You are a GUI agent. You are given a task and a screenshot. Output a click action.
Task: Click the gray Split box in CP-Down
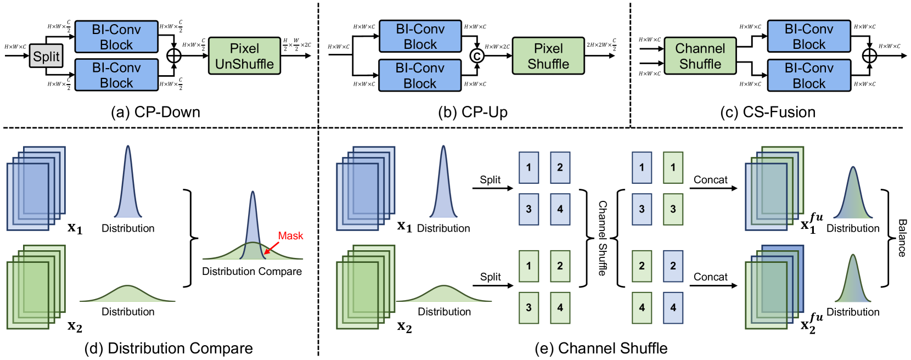[x=46, y=56]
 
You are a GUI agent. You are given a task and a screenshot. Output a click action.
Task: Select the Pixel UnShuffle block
[x=244, y=56]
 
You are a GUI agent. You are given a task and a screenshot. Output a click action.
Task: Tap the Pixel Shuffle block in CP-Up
[x=548, y=56]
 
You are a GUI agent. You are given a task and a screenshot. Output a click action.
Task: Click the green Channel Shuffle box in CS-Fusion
[x=700, y=56]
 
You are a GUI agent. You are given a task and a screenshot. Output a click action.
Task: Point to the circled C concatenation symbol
[x=477, y=55]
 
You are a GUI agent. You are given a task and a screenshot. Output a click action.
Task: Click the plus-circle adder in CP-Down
[x=173, y=55]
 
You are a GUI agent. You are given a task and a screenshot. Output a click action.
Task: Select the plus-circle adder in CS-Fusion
[x=869, y=55]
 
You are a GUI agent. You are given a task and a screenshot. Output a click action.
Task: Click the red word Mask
[x=290, y=236]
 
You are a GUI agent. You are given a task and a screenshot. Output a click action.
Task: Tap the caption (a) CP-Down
[x=155, y=112]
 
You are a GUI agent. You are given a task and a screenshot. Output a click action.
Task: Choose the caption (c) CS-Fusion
[x=767, y=112]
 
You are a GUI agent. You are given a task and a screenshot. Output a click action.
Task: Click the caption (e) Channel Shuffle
[x=601, y=348]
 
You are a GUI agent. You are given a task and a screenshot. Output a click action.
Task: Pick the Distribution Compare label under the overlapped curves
[x=252, y=271]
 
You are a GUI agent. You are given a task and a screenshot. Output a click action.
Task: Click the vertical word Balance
[x=902, y=238]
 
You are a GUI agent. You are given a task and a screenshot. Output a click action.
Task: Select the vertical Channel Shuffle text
[x=603, y=238]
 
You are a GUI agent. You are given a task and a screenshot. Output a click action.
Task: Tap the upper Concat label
[x=710, y=180]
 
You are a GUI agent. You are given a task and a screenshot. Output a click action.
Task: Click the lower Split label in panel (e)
[x=490, y=277]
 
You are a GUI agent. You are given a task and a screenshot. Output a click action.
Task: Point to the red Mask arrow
[x=271, y=248]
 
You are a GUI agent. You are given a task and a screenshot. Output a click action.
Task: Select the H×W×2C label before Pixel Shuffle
[x=497, y=47]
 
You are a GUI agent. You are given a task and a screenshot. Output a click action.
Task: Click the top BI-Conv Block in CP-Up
[x=420, y=36]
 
